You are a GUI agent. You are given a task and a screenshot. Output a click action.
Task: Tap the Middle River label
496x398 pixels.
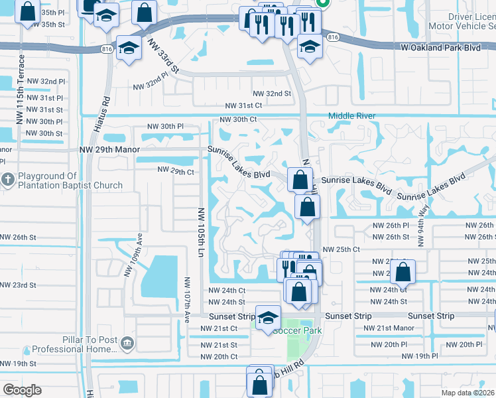[x=352, y=116]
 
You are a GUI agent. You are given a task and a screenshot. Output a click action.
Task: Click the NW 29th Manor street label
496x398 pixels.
[x=109, y=150]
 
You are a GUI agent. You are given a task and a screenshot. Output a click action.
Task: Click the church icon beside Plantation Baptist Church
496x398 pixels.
[x=8, y=180]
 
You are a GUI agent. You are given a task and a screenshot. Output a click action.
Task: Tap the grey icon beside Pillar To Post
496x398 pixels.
[x=127, y=343]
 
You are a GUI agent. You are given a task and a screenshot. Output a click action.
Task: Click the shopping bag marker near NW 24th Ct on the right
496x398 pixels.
[x=403, y=271]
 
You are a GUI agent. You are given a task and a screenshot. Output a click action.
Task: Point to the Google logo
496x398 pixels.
[x=22, y=390]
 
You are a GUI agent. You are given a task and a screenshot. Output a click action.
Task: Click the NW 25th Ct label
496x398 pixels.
[x=341, y=249]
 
